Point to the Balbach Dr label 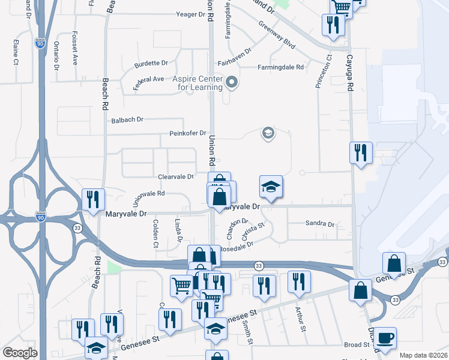[x=127, y=120]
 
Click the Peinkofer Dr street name [x=187, y=133]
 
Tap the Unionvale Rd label [x=148, y=194]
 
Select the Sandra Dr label [x=319, y=224]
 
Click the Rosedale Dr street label [x=237, y=247]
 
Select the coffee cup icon [x=385, y=338]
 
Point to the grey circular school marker [x=268, y=134]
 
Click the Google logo [x=20, y=353]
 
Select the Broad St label [x=357, y=345]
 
